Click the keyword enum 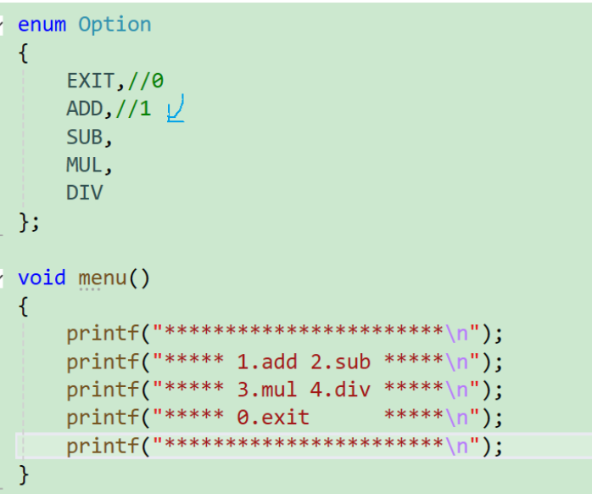[x=42, y=25]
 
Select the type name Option [x=114, y=25]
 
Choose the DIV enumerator [x=85, y=193]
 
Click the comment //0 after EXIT [x=145, y=81]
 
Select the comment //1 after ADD [x=133, y=109]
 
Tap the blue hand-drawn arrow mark [x=176, y=111]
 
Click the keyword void [x=42, y=278]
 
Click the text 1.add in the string [x=267, y=362]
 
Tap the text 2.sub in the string [x=341, y=362]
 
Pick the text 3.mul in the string [x=267, y=390]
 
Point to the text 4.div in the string [x=341, y=390]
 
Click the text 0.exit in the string [x=273, y=418]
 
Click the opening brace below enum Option [x=23, y=53]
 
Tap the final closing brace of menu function [x=23, y=474]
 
